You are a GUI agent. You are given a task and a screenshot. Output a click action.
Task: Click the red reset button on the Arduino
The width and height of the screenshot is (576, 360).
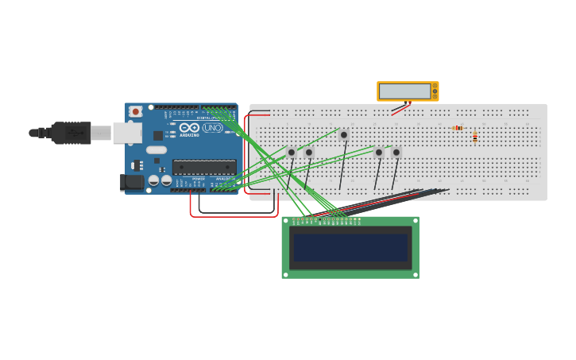pyautogui.click(x=135, y=112)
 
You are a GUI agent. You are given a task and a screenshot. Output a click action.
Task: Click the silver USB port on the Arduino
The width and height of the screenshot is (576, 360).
pyautogui.click(x=126, y=132)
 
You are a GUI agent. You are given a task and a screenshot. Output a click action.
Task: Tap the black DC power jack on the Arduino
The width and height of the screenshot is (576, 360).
pyautogui.click(x=133, y=182)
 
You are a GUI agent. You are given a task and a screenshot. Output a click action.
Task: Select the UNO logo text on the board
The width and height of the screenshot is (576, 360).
pyautogui.click(x=213, y=128)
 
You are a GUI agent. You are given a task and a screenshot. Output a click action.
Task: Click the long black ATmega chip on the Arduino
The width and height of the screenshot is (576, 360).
pyautogui.click(x=204, y=167)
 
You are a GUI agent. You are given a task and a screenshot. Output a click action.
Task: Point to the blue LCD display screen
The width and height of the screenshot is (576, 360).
pyautogui.click(x=350, y=247)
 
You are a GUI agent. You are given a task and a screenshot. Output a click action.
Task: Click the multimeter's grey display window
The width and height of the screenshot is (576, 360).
pyautogui.click(x=404, y=91)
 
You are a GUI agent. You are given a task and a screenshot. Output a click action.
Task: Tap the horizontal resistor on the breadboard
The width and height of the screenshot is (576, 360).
pyautogui.click(x=457, y=128)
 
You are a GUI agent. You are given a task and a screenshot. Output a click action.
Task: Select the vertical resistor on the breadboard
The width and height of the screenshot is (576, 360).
pyautogui.click(x=475, y=137)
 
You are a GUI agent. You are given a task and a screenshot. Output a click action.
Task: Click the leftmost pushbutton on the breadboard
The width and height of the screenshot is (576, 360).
pyautogui.click(x=292, y=152)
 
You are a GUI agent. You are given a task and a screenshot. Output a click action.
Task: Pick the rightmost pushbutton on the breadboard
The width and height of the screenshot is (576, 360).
pyautogui.click(x=396, y=152)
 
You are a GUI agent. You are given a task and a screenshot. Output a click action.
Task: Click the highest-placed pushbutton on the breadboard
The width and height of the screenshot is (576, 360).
pyautogui.click(x=344, y=135)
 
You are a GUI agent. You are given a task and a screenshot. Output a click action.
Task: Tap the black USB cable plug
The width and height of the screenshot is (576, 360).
pyautogui.click(x=72, y=133)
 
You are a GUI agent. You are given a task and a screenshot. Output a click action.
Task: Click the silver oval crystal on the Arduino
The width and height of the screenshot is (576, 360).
pyautogui.click(x=157, y=149)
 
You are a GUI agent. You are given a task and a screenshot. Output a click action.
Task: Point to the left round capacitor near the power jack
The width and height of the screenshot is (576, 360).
pyautogui.click(x=153, y=180)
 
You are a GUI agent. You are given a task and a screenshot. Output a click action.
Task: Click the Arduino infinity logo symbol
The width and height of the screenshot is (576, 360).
pyautogui.click(x=189, y=127)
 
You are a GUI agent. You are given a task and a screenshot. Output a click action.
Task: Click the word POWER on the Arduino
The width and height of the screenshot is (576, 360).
pyautogui.click(x=198, y=179)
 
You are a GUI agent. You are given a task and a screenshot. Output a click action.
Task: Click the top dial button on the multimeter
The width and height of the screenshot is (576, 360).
pyautogui.click(x=435, y=85)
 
